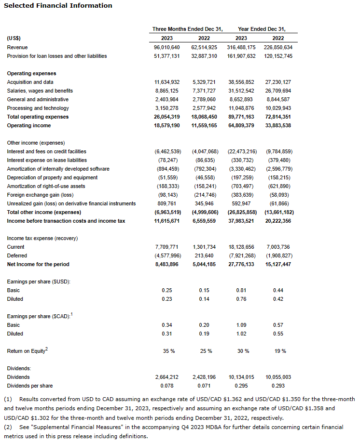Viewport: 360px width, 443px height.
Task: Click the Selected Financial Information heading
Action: coord(58,6)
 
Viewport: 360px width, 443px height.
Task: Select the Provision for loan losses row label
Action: coord(57,56)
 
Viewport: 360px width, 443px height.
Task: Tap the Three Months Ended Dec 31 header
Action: coord(187,29)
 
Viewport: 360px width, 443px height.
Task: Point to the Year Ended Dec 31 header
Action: coord(265,29)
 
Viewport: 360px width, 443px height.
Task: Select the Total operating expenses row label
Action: coord(38,117)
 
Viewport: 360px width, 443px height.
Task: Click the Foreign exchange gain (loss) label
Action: coord(40,195)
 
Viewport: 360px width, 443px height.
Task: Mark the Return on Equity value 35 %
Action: coord(168,351)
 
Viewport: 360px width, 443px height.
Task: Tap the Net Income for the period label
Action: coord(38,264)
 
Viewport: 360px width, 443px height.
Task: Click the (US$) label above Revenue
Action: coord(14,38)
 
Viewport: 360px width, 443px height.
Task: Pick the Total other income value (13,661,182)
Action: coord(279,212)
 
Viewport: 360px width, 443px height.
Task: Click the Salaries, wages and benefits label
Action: coord(40,91)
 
